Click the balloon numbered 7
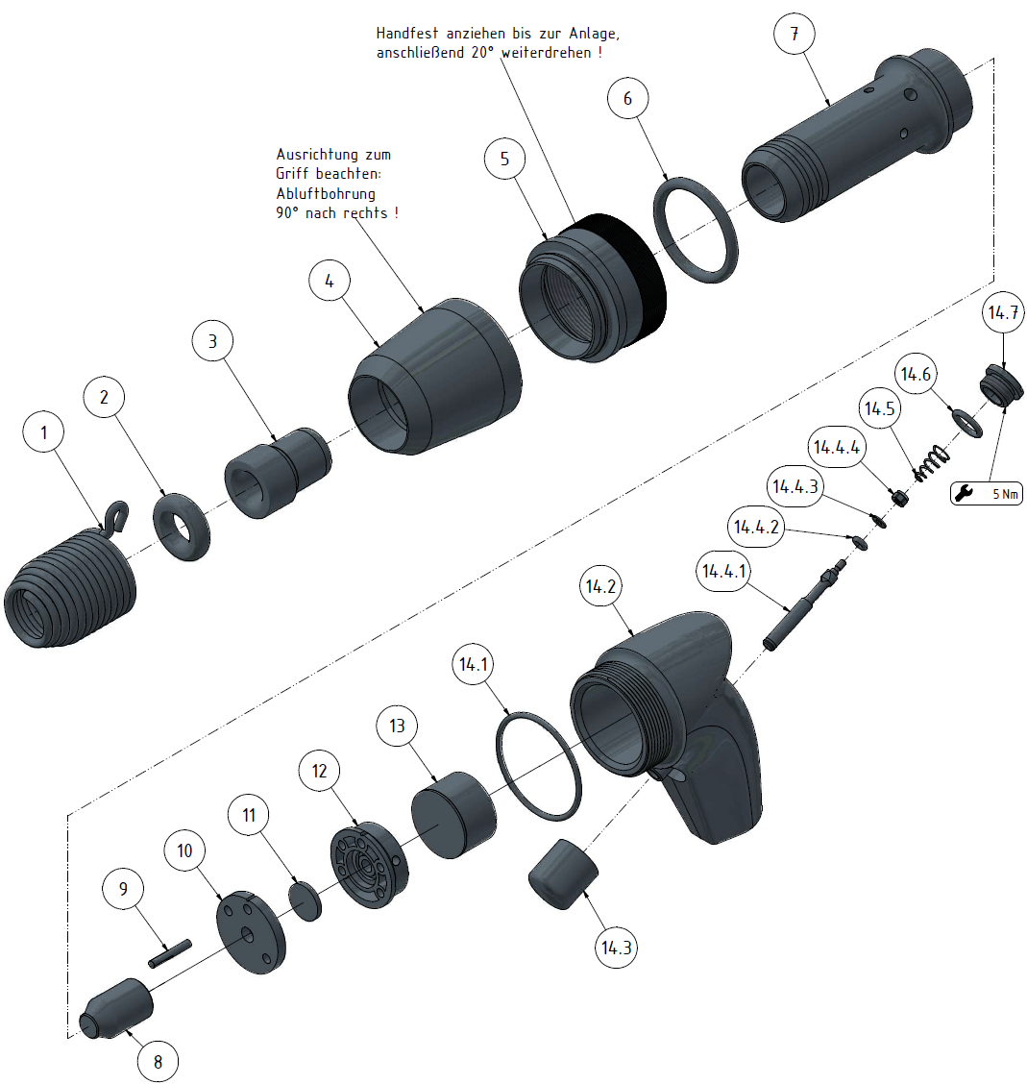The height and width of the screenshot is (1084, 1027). [x=794, y=35]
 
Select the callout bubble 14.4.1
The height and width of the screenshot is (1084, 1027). [x=724, y=572]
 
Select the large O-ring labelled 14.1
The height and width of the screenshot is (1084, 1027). [x=539, y=765]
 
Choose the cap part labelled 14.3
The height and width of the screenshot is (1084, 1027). [x=563, y=873]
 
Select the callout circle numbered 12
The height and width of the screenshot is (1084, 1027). [x=320, y=771]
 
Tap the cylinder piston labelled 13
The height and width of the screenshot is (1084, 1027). [x=453, y=815]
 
